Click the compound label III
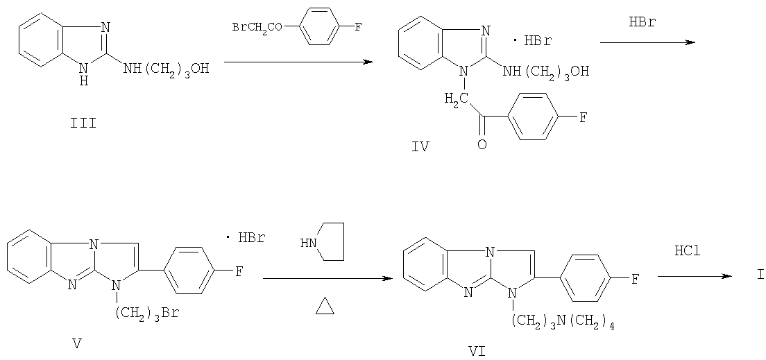click(83, 123)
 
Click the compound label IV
click(420, 146)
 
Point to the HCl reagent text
click(688, 252)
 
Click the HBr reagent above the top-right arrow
click(643, 22)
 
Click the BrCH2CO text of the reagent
click(257, 27)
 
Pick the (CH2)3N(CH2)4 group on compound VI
click(562, 320)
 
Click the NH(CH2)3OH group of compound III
click(166, 69)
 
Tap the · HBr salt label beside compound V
click(244, 239)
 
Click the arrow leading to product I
click(695, 277)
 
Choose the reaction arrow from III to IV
click(298, 62)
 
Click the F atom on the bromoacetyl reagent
click(357, 27)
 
